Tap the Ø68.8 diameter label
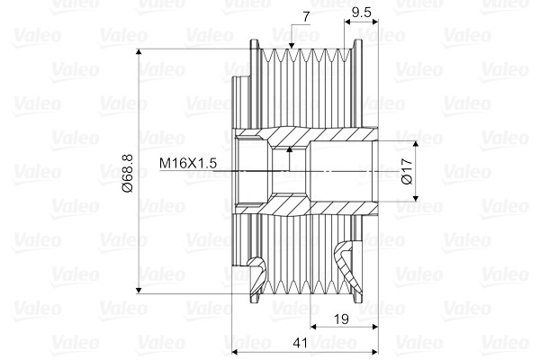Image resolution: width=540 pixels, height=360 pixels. coord(126,171)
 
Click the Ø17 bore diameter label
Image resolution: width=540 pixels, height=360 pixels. coord(406,171)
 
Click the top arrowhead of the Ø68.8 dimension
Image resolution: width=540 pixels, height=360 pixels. coord(139,54)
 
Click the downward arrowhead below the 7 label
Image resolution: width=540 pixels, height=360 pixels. coord(292,47)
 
